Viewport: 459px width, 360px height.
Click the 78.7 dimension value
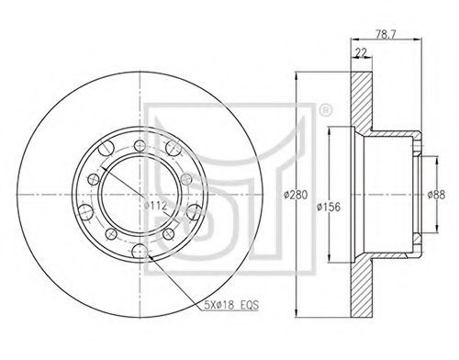pyautogui.click(x=386, y=34)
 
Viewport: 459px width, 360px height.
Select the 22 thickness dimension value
pyautogui.click(x=361, y=52)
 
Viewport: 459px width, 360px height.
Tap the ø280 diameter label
pyautogui.click(x=296, y=195)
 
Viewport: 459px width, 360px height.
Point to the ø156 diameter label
pyautogui.click(x=329, y=207)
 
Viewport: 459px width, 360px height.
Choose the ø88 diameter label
pyautogui.click(x=436, y=195)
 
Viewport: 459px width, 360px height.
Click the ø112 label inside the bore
pyautogui.click(x=155, y=205)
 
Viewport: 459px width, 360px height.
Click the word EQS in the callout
pyautogui.click(x=250, y=305)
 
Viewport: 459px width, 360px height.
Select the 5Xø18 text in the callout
pyautogui.click(x=219, y=305)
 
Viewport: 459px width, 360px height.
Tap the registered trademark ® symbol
pyautogui.click(x=325, y=111)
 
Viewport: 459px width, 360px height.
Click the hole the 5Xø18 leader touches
pyautogui.click(x=140, y=252)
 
